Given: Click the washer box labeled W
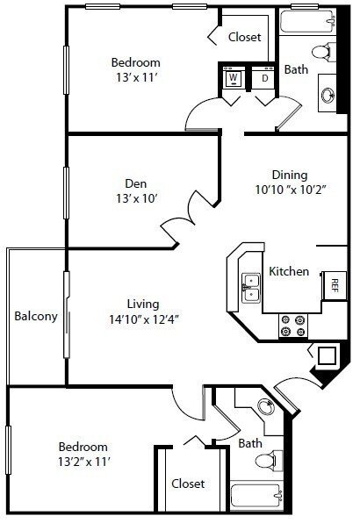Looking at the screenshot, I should pos(234,78).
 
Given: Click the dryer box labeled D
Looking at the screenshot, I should pos(263,78).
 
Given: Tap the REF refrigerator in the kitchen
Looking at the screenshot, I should pos(335,283).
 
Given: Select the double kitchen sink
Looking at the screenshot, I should pos(252,287).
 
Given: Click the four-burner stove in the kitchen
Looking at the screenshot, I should pos(291,326).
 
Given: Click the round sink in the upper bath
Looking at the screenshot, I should pos(330,95).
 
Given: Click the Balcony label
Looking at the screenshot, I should pos(36,317).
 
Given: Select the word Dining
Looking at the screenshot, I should pos(289,174).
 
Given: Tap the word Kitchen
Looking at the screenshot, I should pos(289,271).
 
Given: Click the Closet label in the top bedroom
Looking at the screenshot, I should pos(245,37).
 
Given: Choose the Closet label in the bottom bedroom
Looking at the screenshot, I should pos(188,484).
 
